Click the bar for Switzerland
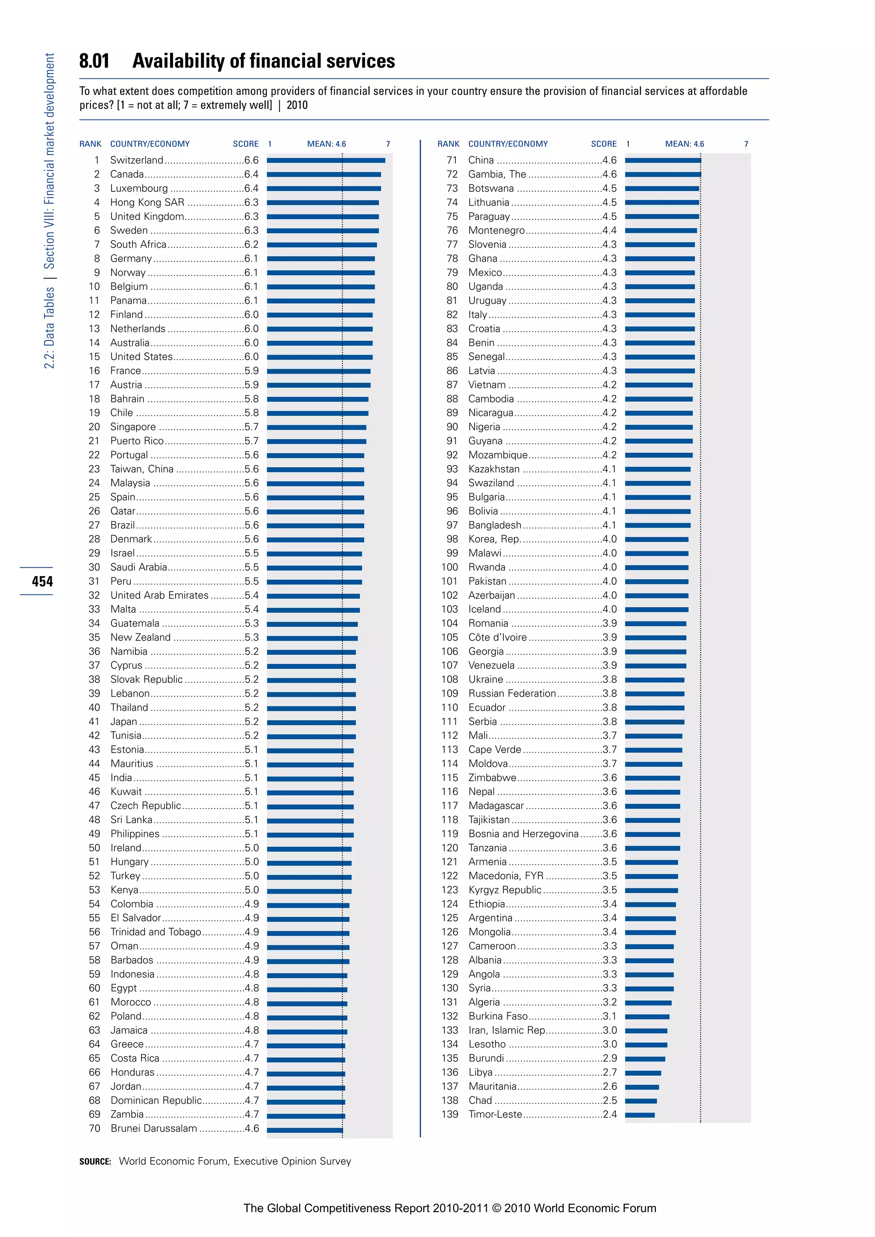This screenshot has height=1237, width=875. [326, 160]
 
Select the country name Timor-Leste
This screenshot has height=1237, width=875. [495, 1114]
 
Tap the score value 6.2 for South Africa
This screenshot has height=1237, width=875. [251, 244]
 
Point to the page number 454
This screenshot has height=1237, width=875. [42, 581]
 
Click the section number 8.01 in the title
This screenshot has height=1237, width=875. [94, 61]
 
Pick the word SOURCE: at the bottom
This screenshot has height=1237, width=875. [95, 1161]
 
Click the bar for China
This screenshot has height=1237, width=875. [663, 160]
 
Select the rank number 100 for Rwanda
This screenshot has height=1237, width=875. [449, 567]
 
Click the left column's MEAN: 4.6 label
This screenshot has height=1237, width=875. [326, 144]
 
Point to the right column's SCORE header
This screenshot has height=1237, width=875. [603, 144]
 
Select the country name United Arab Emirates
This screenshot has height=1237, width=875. [159, 595]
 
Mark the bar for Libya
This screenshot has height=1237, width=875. [643, 1073]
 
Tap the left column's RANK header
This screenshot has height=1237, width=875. [90, 144]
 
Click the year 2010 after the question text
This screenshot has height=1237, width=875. [297, 105]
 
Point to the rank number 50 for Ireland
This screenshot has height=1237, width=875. [94, 847]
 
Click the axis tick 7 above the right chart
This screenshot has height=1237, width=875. [746, 144]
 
